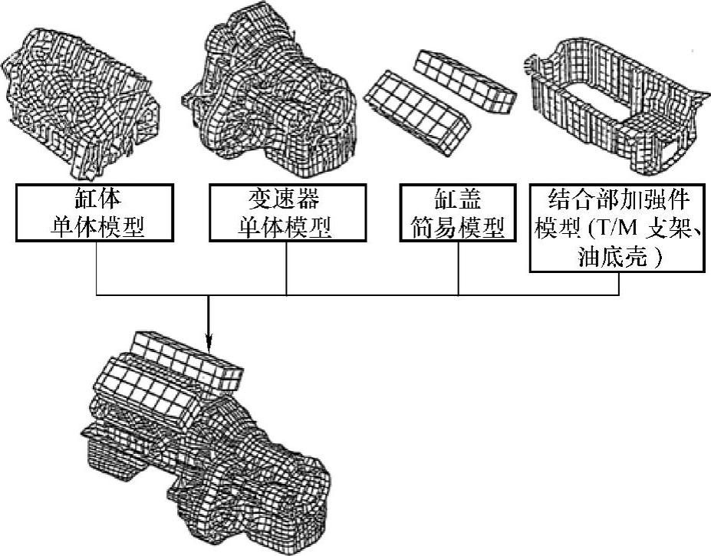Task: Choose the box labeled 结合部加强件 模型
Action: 618,229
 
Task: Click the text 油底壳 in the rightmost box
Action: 611,258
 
